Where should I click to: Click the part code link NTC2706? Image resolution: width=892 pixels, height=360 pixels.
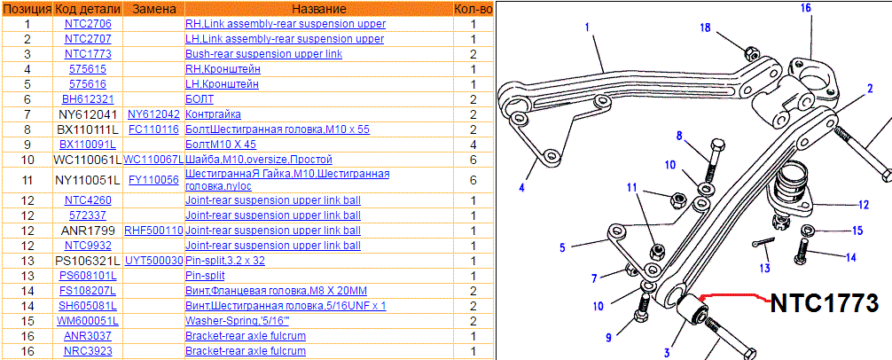88,24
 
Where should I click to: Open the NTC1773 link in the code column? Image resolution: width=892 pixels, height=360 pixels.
88,54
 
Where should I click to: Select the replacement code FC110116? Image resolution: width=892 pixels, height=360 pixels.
153,129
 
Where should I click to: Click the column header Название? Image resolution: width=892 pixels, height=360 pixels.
318,9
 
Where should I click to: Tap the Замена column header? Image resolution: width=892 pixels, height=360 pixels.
153,9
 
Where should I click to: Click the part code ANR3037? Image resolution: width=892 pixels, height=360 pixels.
88,336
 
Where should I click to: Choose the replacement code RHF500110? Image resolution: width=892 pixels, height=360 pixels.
153,231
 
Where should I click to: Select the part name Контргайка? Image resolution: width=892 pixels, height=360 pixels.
213,113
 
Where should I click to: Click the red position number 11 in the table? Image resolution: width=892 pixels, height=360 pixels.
27,180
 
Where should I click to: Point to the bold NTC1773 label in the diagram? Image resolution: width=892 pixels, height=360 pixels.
824,303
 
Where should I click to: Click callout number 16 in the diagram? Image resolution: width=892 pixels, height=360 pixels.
806,8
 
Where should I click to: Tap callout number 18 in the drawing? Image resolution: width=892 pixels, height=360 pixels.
705,27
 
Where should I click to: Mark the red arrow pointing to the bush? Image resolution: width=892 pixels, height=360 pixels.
727,297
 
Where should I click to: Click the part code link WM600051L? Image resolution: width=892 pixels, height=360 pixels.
88,321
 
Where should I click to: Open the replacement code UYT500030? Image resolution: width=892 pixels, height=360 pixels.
153,261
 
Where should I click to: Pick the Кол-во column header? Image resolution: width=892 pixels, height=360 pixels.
473,9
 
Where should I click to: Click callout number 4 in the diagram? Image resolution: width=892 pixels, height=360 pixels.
521,187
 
